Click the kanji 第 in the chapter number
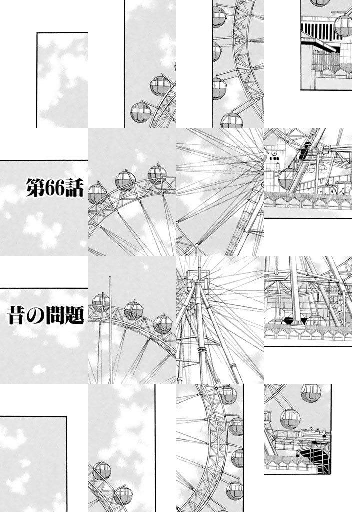click(x=35, y=187)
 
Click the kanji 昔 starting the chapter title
click(x=17, y=315)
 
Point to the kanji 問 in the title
click(x=55, y=315)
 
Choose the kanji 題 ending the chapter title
click(x=75, y=315)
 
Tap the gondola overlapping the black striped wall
click(x=342, y=26)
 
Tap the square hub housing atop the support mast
click(x=197, y=276)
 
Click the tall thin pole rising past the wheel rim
click(x=110, y=330)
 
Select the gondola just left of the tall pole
click(x=101, y=302)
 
